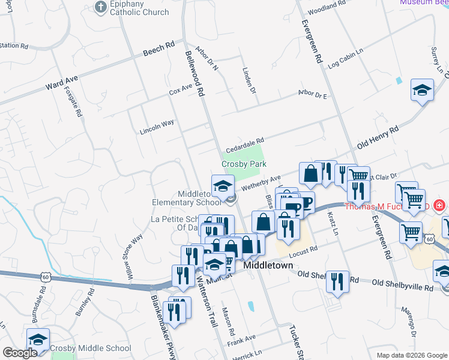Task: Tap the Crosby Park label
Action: pos(244,163)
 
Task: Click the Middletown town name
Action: pos(268,265)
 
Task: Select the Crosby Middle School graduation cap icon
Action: pos(38,340)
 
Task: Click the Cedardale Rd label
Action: pos(245,146)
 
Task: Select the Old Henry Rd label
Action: pos(378,137)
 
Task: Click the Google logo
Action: pos(19,353)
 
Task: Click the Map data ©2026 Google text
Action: pos(412,355)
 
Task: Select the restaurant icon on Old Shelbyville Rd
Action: pos(338,281)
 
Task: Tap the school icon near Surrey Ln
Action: pos(422,91)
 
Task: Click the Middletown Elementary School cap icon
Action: pos(223,185)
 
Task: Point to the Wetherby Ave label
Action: pos(261,182)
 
